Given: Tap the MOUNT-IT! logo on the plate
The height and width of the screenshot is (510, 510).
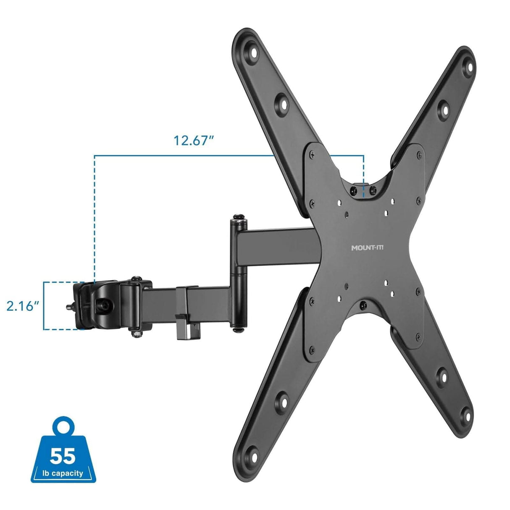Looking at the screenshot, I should click(x=370, y=248).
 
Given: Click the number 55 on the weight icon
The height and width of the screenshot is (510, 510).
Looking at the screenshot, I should click(x=63, y=455).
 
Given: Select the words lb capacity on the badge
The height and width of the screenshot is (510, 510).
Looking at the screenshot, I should click(x=63, y=473).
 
